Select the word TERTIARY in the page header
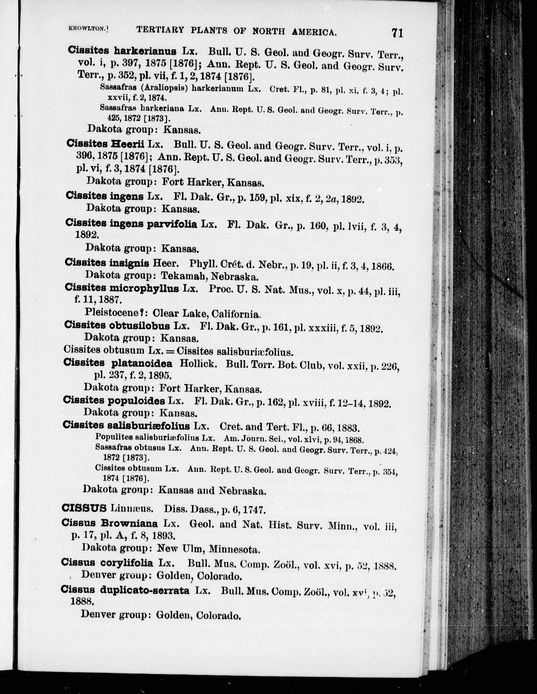click(x=160, y=30)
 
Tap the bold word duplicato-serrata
click(x=144, y=590)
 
